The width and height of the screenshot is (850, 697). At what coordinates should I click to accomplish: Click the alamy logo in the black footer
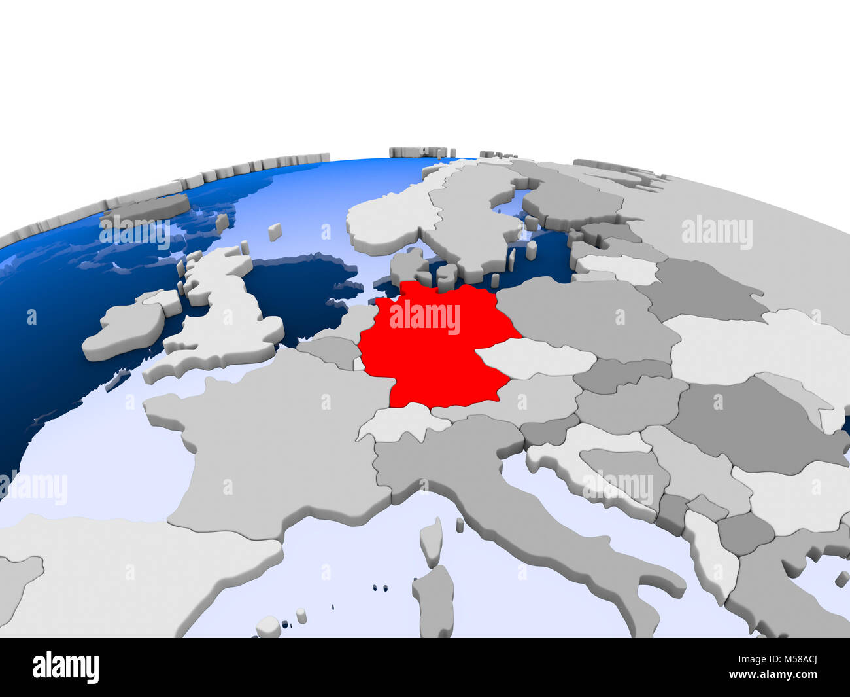(x=65, y=668)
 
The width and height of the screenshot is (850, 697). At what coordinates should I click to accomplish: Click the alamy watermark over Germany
(x=425, y=317)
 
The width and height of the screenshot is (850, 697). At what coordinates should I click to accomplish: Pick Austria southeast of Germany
(x=536, y=399)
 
